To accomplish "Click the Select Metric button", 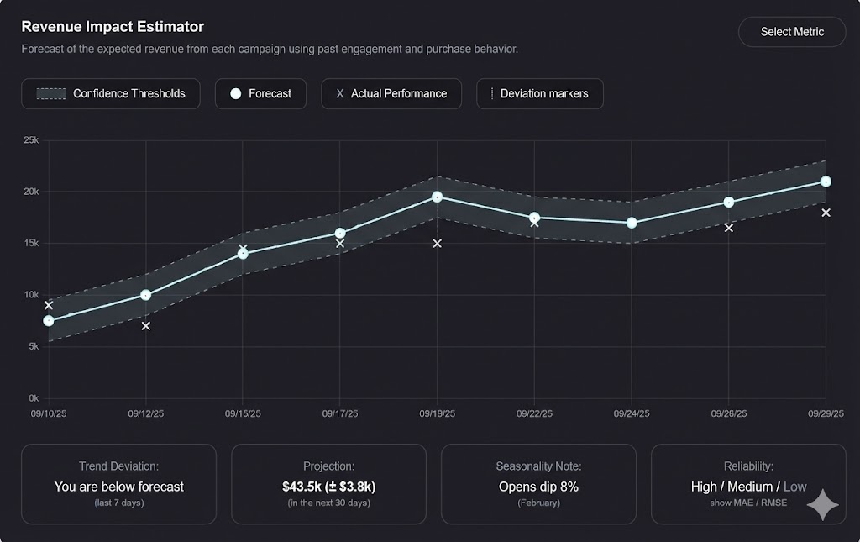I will [x=792, y=32].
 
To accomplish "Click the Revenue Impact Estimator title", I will [x=113, y=28].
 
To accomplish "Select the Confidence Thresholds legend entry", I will [x=111, y=93].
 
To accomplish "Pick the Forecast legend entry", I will [x=260, y=93].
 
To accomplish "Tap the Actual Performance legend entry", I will [x=391, y=93].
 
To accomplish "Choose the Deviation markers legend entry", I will [x=540, y=93].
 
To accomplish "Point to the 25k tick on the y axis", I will [x=31, y=140].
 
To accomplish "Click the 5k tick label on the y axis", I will [x=34, y=346].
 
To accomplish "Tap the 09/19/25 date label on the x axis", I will [x=437, y=413].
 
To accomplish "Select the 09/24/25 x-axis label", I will [x=632, y=413].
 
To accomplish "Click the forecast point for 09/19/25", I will [x=437, y=197].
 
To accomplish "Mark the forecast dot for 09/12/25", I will [x=146, y=295].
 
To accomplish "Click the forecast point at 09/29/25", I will [x=826, y=182].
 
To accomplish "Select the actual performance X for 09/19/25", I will [x=437, y=244].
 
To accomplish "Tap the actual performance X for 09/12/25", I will [x=146, y=325].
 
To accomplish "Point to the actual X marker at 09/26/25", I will [x=728, y=228].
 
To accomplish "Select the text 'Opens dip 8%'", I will [x=538, y=487].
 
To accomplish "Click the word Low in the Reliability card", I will [x=794, y=487].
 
